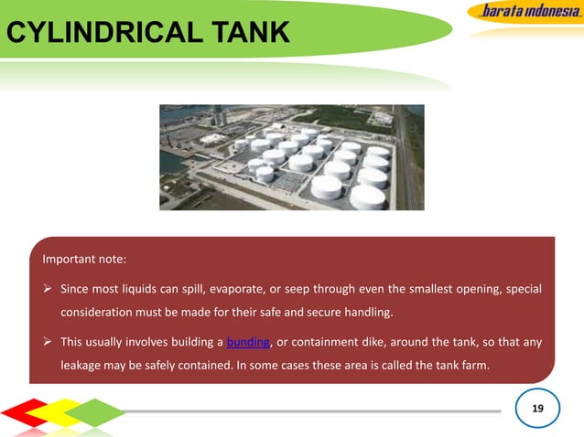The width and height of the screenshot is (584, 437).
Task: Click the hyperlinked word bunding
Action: tap(248, 343)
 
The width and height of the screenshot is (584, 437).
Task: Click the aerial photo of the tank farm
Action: tap(291, 157)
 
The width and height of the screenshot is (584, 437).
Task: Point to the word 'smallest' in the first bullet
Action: tap(433, 290)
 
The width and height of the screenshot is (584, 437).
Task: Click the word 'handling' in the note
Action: tap(369, 314)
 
